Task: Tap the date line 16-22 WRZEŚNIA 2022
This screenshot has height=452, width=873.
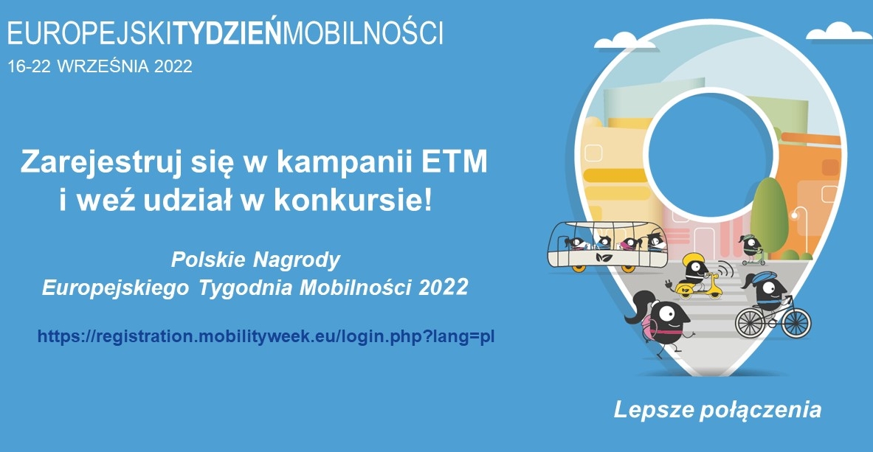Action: [x=100, y=66]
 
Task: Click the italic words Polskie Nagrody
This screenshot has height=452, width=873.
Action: [x=255, y=260]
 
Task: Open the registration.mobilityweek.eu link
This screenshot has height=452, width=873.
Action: [x=266, y=337]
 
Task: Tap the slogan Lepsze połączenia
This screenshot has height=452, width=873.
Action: [x=717, y=409]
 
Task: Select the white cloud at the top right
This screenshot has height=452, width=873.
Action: [x=839, y=32]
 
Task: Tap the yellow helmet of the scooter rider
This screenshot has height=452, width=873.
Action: [x=693, y=260]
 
